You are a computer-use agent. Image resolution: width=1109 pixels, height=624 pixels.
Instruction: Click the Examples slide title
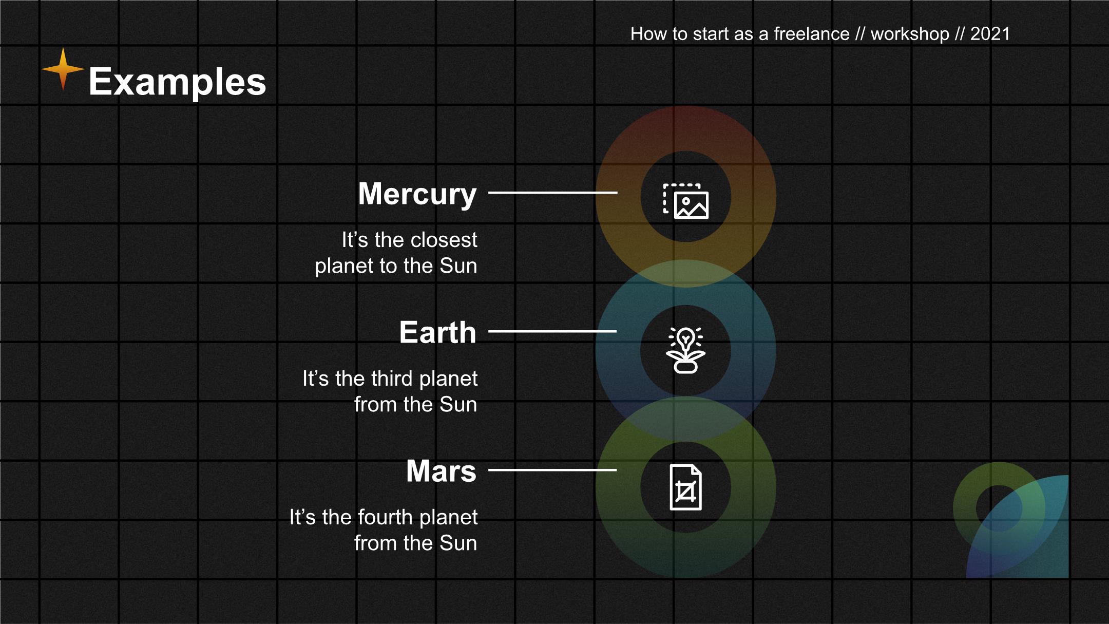pos(177,82)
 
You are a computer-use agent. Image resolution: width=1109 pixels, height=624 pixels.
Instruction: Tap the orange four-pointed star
pos(63,69)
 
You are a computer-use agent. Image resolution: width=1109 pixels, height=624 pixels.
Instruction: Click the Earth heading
pos(438,332)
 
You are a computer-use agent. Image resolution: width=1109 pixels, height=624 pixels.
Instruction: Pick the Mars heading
pos(442,471)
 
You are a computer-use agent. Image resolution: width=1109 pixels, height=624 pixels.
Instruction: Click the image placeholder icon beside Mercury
pos(686,201)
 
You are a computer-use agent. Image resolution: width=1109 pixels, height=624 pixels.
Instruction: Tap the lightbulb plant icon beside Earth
pos(685,350)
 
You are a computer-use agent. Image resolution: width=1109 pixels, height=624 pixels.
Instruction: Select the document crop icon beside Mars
pos(686,487)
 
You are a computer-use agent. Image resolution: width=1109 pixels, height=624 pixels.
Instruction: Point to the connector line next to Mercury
pos(552,193)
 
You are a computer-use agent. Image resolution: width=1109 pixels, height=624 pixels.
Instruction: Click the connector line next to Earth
pos(552,331)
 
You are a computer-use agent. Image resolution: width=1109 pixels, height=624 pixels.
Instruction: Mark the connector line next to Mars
pos(552,470)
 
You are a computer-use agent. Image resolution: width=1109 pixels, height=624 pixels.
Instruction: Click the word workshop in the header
pos(910,34)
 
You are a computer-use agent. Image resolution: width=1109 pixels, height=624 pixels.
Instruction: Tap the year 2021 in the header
pos(990,34)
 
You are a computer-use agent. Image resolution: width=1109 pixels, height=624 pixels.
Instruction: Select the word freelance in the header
pos(811,34)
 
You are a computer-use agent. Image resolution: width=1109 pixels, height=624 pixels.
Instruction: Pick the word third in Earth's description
pos(392,379)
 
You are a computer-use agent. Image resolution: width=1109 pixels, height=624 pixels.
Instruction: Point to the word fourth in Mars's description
pos(385,517)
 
